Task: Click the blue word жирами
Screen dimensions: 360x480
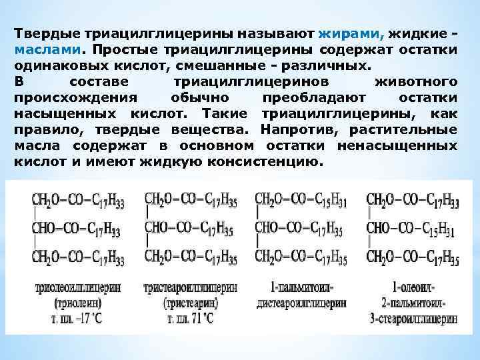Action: pyautogui.click(x=342, y=34)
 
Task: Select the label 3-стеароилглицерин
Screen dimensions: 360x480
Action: pyautogui.click(x=413, y=317)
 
